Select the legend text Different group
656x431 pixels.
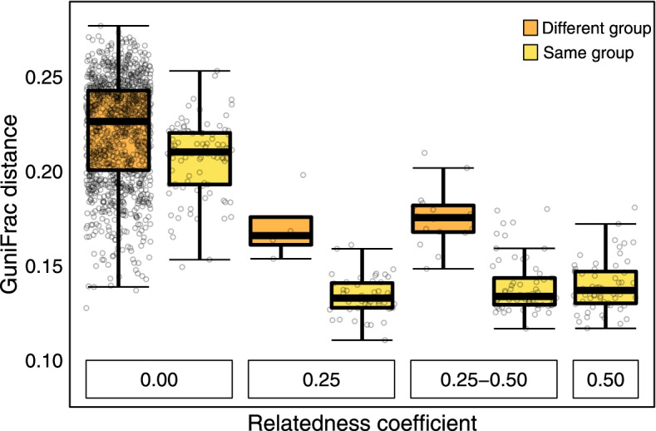pos(594,29)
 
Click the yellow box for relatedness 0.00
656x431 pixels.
pos(200,158)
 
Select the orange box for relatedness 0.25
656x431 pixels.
pos(281,230)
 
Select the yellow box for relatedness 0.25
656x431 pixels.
pos(362,295)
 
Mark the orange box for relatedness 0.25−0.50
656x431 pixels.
pos(443,219)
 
